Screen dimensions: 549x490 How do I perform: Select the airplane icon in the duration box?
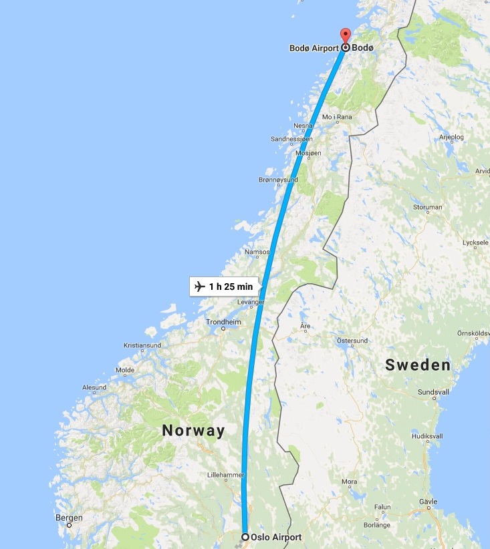199,287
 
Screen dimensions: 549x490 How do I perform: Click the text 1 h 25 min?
231,287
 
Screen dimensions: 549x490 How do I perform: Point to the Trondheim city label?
223,322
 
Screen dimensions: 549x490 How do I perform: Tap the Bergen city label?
70,518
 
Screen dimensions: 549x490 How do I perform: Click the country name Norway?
194,431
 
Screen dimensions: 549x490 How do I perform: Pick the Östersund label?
352,341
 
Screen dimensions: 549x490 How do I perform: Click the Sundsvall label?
433,391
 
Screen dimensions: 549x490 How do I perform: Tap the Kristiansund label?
142,345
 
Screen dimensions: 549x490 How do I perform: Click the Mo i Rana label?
337,117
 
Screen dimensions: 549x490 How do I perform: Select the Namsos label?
257,252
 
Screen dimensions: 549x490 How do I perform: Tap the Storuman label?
428,207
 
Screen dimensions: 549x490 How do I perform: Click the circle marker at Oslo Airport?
245,537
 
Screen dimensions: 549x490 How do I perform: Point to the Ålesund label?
94,387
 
